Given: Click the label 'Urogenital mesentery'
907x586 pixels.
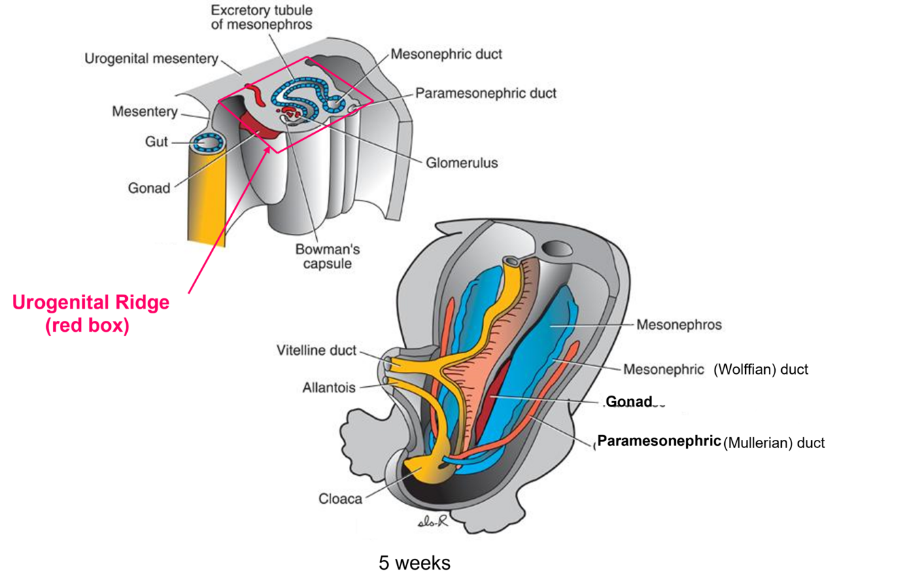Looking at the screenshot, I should click(x=151, y=58).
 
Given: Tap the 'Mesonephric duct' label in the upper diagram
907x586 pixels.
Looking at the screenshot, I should click(x=446, y=54).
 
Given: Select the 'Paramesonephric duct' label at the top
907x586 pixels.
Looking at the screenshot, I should click(x=485, y=93).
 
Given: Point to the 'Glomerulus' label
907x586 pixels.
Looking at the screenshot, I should click(x=462, y=162).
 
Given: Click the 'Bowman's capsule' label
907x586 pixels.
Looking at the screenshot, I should click(x=327, y=256).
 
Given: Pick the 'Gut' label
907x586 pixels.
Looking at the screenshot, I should click(x=156, y=141).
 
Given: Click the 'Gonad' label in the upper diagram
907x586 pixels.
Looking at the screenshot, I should click(x=149, y=188).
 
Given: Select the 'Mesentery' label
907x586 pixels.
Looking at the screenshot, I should click(x=145, y=111).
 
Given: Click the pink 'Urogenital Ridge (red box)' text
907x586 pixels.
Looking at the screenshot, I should click(x=90, y=313).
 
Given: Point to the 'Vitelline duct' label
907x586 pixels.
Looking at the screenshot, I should click(x=316, y=351).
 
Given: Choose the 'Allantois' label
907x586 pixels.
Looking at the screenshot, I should click(x=329, y=387).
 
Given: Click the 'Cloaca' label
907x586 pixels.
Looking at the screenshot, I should click(x=341, y=498).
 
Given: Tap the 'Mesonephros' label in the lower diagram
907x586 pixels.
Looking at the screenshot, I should click(x=679, y=324).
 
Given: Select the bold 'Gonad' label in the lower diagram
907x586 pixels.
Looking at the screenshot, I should click(x=628, y=402).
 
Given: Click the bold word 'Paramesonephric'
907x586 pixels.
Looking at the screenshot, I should click(x=658, y=441).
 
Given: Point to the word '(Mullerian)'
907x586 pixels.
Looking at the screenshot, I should click(x=757, y=443).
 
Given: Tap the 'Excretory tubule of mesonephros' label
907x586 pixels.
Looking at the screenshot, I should click(x=261, y=18).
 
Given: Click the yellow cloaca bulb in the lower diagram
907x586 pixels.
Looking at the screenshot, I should click(x=421, y=470).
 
